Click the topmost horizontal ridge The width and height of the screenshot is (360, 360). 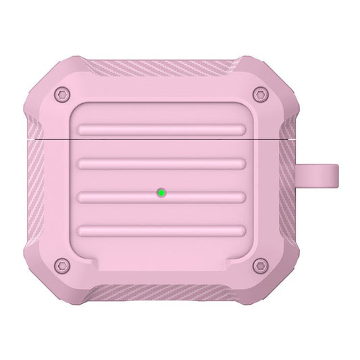tap(161, 129)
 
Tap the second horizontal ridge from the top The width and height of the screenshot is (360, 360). tap(161, 163)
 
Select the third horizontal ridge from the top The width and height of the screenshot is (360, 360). tap(161, 198)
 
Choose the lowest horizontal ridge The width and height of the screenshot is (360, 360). tap(161, 232)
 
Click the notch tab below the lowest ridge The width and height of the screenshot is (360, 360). tap(161, 260)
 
